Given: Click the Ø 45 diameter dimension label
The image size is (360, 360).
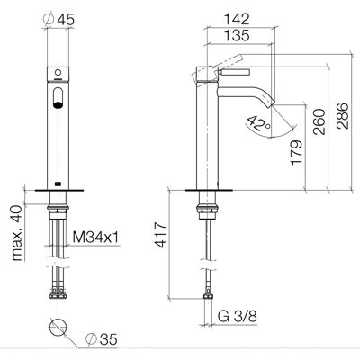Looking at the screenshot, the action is [58, 20].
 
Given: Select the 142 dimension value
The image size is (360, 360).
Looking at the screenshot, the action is [238, 19].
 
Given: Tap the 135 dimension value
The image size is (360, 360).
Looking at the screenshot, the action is [238, 35].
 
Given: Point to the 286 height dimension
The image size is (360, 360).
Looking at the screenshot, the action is [343, 116].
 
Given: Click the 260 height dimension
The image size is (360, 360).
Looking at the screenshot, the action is [319, 122].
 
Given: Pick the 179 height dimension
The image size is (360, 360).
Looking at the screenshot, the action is [296, 152].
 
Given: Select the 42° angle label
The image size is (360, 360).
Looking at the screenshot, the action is [258, 123].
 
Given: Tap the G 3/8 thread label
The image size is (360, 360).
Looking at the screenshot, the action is [238, 316].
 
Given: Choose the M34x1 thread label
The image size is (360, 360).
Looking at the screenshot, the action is [95, 238].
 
